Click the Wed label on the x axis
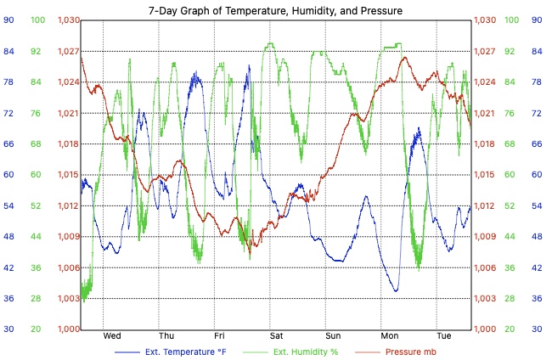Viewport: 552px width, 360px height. pyautogui.click(x=111, y=336)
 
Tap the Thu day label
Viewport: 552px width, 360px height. pyautogui.click(x=166, y=336)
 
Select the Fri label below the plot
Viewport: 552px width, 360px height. pyautogui.click(x=219, y=336)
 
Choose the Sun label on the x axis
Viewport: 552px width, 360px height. pyautogui.click(x=332, y=336)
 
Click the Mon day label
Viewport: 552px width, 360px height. pyautogui.click(x=389, y=336)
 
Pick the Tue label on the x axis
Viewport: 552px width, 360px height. pyautogui.click(x=443, y=336)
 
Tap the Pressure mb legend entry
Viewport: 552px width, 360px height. pyautogui.click(x=411, y=351)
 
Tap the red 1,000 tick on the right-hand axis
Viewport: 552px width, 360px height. pyautogui.click(x=485, y=329)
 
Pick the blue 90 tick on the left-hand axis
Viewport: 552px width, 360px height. pyautogui.click(x=8, y=20)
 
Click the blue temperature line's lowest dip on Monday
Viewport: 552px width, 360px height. pyautogui.click(x=396, y=291)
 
